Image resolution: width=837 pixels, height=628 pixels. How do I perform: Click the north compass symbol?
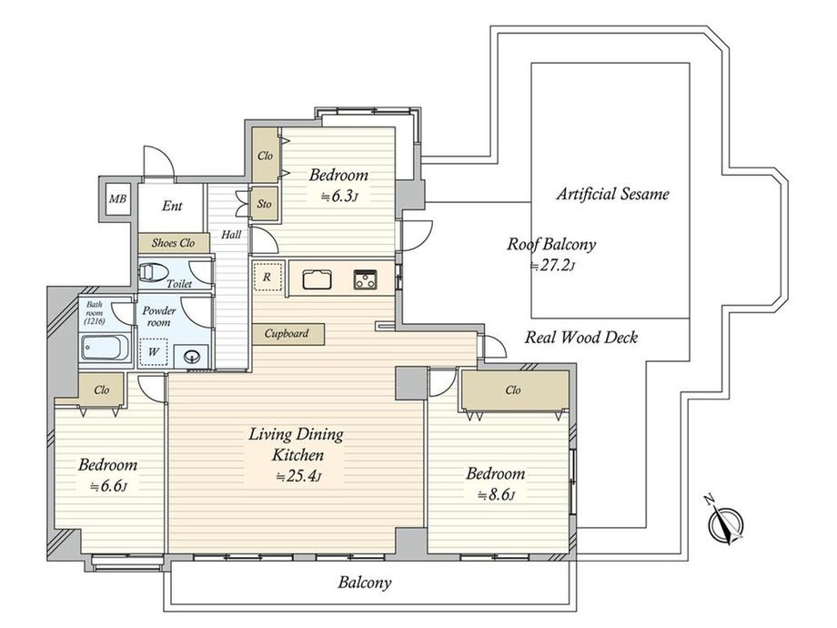click(x=726, y=522)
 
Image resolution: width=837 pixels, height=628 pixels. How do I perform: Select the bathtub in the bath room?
click(x=106, y=349)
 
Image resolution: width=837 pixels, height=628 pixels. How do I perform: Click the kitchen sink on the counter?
click(x=318, y=279)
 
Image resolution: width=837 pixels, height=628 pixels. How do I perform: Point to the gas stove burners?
click(x=366, y=279)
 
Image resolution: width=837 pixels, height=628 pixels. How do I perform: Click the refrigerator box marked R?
click(x=267, y=277)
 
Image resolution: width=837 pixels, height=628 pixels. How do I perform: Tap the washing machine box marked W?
click(x=153, y=352)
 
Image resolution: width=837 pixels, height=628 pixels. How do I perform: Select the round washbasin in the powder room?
click(x=191, y=355)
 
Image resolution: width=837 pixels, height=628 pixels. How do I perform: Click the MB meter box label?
click(x=117, y=198)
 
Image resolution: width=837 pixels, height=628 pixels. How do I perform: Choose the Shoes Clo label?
click(x=173, y=243)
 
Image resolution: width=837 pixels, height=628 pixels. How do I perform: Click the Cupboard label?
click(x=287, y=334)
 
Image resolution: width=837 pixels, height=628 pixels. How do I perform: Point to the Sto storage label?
click(x=264, y=204)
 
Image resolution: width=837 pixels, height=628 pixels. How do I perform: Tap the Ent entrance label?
click(x=172, y=206)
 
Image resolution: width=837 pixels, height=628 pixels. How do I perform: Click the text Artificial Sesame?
click(x=613, y=193)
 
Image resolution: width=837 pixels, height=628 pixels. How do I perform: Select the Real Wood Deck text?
click(x=581, y=337)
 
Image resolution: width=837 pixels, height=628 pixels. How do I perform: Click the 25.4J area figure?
click(x=298, y=476)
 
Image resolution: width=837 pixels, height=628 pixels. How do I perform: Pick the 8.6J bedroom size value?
click(x=496, y=495)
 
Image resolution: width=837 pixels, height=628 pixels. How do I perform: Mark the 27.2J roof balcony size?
click(x=551, y=266)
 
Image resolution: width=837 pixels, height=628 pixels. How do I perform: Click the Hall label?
click(x=231, y=235)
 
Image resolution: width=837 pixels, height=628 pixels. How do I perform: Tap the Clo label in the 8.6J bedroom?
click(x=513, y=390)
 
